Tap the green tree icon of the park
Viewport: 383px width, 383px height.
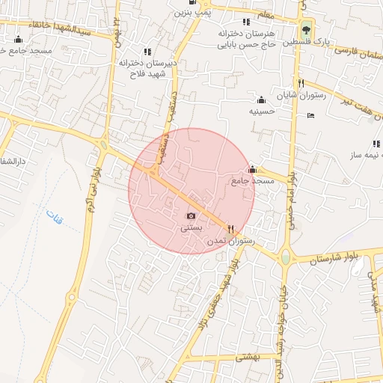point(307,31)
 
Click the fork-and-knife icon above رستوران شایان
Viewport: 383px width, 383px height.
point(301,83)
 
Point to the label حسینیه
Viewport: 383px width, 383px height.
point(263,111)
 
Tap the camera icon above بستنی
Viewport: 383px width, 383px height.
point(190,215)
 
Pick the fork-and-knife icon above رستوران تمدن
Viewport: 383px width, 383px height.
point(230,230)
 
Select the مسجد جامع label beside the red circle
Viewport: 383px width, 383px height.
point(254,180)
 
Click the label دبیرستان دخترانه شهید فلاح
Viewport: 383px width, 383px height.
point(147,69)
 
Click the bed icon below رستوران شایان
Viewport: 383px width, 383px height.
point(311,115)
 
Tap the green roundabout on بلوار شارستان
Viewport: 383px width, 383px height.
point(285,259)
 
